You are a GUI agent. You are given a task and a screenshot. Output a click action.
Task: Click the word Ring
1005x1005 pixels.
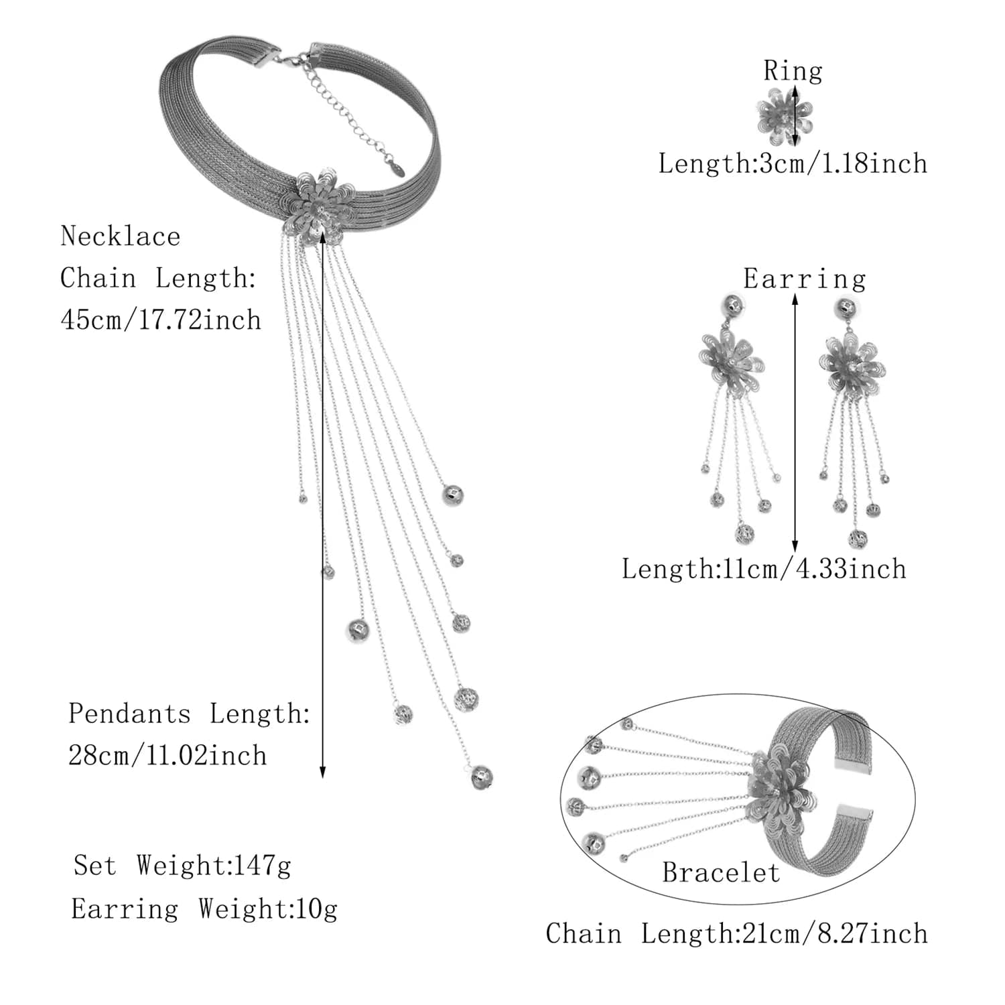[x=793, y=70]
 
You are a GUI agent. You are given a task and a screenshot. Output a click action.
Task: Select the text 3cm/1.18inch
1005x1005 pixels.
[x=843, y=163]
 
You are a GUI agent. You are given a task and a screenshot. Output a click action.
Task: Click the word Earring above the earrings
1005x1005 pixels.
[x=804, y=279]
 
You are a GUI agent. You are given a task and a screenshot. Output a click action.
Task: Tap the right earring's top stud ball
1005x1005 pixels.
[x=848, y=309]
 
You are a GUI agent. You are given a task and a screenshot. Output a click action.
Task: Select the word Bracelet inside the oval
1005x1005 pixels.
[x=721, y=872]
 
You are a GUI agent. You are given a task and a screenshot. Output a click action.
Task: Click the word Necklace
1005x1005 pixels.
[x=121, y=237]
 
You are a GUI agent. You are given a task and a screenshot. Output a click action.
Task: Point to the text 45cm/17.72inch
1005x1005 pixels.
[x=161, y=320]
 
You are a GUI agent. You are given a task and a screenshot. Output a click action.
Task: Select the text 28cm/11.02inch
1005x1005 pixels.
[x=167, y=756]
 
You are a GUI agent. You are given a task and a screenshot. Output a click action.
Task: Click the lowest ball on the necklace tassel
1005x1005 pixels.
[x=482, y=777]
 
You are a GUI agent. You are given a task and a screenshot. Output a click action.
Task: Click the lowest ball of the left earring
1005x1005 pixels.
[x=744, y=534]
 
